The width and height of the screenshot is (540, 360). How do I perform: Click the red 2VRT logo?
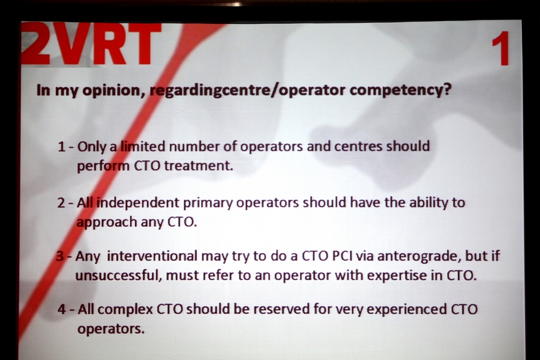pyautogui.click(x=91, y=44)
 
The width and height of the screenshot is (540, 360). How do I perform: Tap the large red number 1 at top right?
pyautogui.click(x=500, y=48)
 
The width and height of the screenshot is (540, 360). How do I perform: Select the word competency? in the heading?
pyautogui.click(x=400, y=89)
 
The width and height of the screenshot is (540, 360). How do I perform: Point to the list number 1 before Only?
pyautogui.click(x=62, y=147)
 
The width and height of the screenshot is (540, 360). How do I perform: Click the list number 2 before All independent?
pyautogui.click(x=61, y=203)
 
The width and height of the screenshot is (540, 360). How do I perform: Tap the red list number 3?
pyautogui.click(x=59, y=256)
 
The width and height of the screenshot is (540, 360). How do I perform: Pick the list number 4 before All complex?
pyautogui.click(x=62, y=309)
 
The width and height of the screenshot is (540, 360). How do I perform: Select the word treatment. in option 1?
pyautogui.click(x=199, y=166)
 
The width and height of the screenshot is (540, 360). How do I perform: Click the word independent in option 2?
pyautogui.click(x=138, y=203)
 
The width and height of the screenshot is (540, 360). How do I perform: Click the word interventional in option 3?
pyautogui.click(x=152, y=256)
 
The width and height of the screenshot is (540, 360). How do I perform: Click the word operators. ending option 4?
pyautogui.click(x=111, y=329)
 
